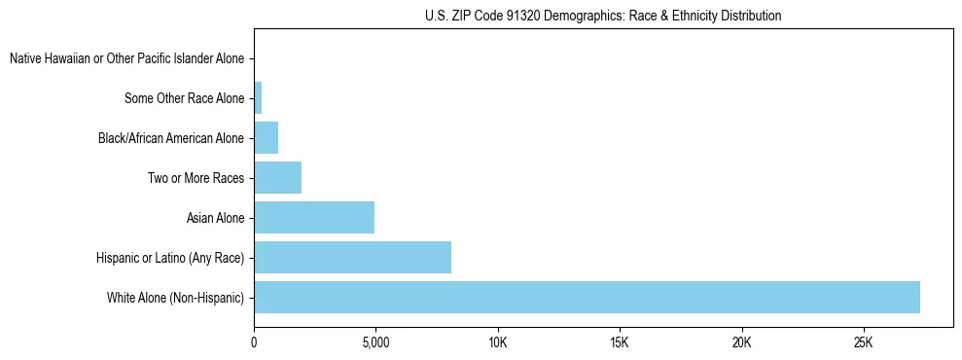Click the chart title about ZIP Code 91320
[603, 16]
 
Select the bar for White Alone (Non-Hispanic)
[587, 297]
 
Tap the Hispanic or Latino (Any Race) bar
[352, 257]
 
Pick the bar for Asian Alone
[314, 217]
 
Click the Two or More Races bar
[277, 177]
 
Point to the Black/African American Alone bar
[266, 137]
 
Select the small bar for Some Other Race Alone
[258, 97]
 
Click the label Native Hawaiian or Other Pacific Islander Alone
[126, 58]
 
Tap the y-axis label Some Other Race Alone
[185, 98]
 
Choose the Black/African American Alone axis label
[171, 138]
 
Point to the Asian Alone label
[215, 218]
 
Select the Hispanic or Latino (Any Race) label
[170, 258]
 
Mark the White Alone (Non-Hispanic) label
[175, 298]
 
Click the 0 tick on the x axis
[254, 342]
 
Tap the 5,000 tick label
[375, 342]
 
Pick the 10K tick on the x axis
[498, 342]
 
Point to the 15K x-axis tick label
[620, 342]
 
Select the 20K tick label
[742, 342]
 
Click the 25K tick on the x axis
[864, 342]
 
